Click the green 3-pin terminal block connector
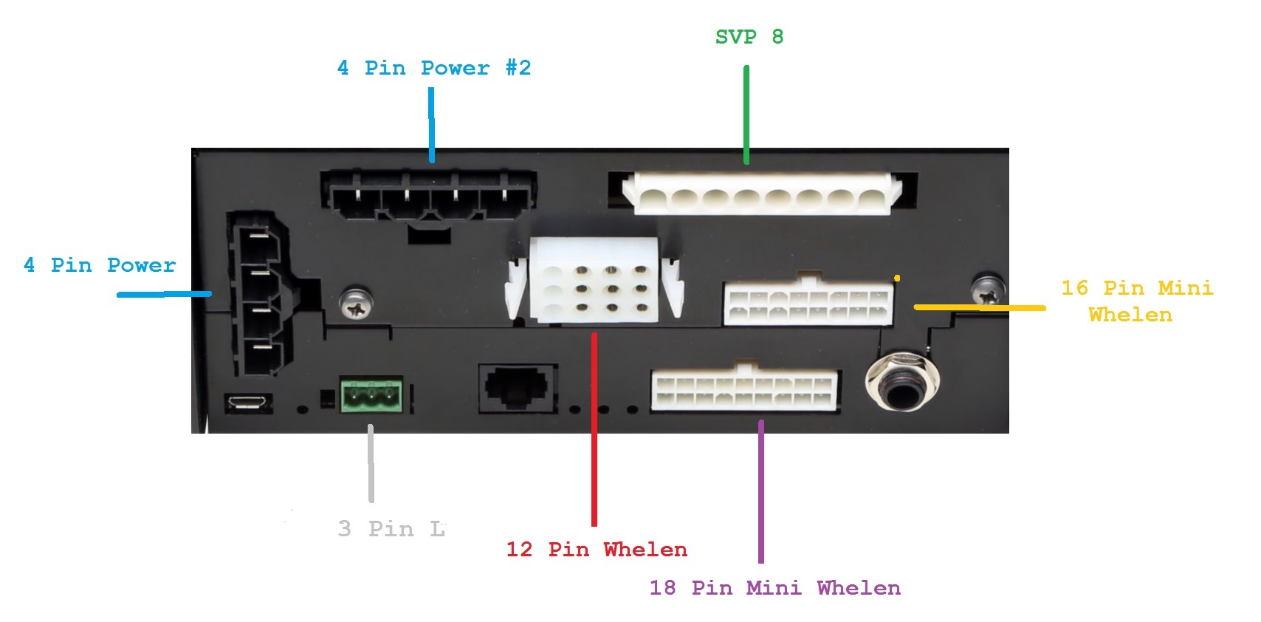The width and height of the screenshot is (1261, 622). (371, 395)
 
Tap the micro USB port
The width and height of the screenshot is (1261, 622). (247, 403)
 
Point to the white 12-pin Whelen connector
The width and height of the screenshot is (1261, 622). (594, 280)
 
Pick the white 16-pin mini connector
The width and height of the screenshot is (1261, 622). (808, 303)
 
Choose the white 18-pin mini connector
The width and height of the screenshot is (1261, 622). (744, 390)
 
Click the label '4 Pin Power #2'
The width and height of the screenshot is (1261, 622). (433, 68)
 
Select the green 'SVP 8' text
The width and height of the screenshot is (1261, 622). (749, 37)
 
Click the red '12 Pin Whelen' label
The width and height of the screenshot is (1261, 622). (597, 550)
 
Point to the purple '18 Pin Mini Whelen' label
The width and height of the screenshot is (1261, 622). (774, 588)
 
